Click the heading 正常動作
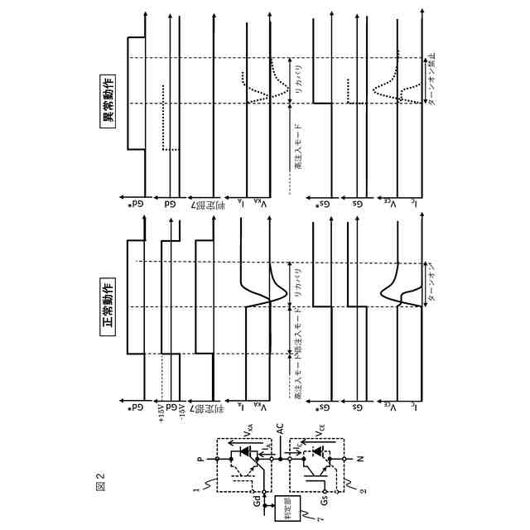click(108, 308)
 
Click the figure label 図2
click(100, 477)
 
